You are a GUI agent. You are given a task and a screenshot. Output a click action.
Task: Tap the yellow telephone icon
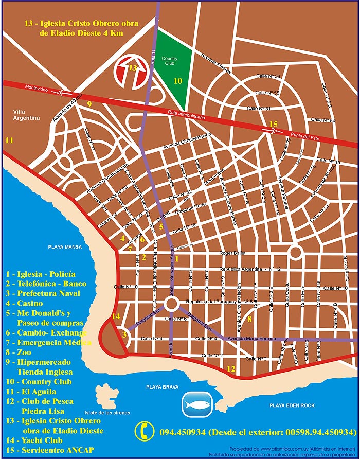point(145,431)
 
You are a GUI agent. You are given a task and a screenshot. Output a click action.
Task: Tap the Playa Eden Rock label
point(292,405)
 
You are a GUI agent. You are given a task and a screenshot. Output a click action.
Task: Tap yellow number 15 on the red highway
point(273,124)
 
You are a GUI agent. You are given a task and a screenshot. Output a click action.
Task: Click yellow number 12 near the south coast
point(231,368)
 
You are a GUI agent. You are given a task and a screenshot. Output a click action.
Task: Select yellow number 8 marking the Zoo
point(249,320)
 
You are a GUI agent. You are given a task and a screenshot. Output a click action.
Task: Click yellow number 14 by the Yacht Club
point(116,316)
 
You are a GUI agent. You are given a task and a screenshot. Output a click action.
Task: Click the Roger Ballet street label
point(232,253)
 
